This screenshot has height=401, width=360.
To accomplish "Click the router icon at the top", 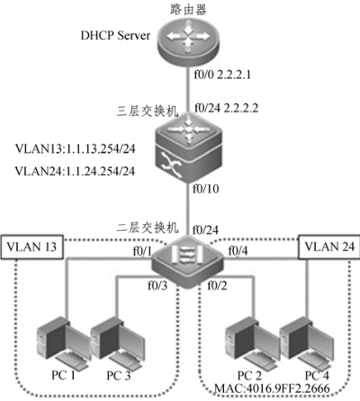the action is click(x=188, y=40).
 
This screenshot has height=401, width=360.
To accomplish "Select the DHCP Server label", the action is click(x=115, y=36).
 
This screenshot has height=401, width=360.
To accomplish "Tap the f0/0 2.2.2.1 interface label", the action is click(x=222, y=75).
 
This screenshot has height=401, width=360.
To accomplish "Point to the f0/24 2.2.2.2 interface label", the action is click(x=226, y=108).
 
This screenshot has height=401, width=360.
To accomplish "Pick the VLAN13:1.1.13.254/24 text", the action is click(x=75, y=148).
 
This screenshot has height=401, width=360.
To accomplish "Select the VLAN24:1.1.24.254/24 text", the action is click(x=75, y=171).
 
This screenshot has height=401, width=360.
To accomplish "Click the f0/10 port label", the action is click(x=206, y=189).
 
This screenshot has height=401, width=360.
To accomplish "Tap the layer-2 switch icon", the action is click(x=188, y=262).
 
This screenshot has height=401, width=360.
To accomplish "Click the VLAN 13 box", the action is click(x=31, y=246).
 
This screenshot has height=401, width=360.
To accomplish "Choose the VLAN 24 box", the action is click(x=329, y=246).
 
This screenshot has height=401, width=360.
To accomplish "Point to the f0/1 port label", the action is click(x=142, y=252).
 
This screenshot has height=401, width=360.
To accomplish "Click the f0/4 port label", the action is click(x=238, y=251).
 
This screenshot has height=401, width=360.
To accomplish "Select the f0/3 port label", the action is click(x=157, y=286).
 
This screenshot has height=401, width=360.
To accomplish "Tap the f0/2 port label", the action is click(x=217, y=286).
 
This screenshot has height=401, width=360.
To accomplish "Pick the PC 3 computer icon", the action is click(x=118, y=343).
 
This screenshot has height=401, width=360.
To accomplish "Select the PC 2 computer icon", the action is click(x=253, y=343).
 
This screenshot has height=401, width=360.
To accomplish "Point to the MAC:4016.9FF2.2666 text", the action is click(x=272, y=388).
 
